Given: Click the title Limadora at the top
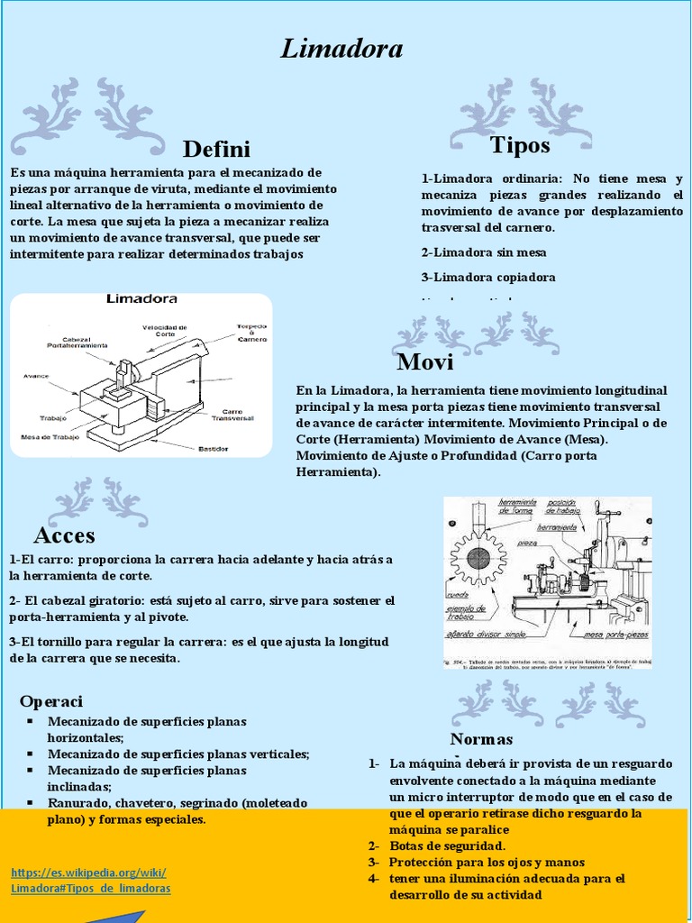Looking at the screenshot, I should tap(341, 49).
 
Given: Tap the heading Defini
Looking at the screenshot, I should tap(216, 149).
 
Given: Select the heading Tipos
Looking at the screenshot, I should tap(520, 144).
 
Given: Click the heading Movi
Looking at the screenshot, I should tap(424, 362).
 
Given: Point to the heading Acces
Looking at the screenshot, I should tap(64, 535).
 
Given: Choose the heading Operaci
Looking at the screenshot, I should tap(51, 701).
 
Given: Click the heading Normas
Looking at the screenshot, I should tap(481, 740).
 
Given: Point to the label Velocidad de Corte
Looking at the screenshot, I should tap(165, 331).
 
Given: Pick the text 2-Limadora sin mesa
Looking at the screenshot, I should tap(484, 252).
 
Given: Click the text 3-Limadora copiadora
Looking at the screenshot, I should tap(488, 277).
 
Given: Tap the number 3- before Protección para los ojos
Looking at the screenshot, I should tap(374, 862).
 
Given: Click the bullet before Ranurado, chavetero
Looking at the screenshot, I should tap(31, 802).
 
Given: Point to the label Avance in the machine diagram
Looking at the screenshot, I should tap(35, 376).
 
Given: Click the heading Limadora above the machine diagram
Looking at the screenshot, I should tap(141, 298).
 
